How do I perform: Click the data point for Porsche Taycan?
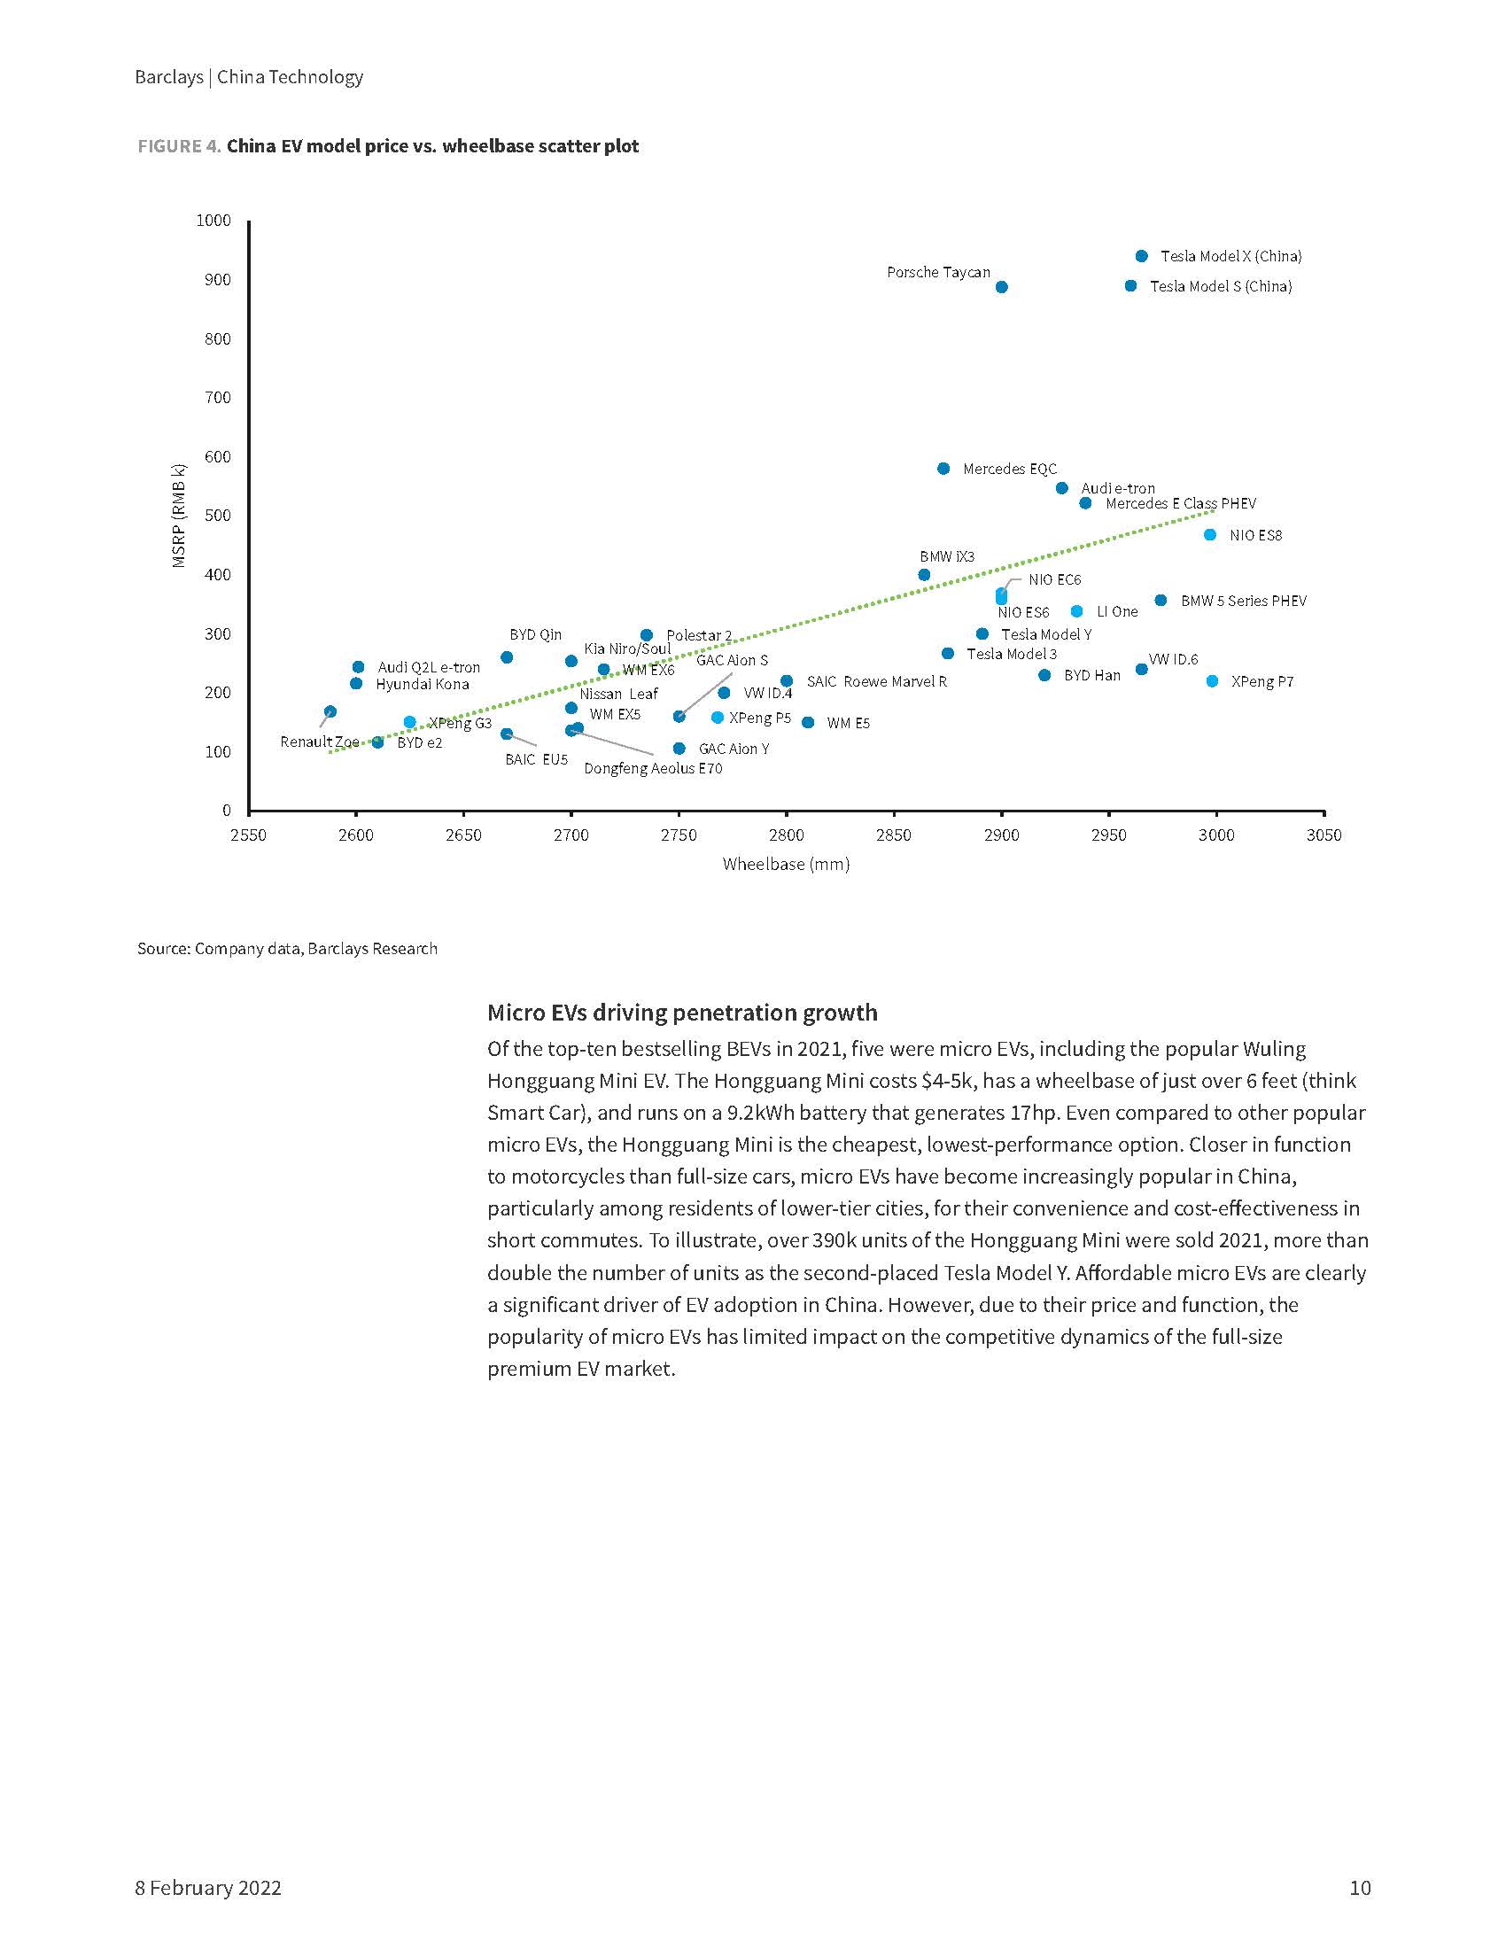tap(1001, 286)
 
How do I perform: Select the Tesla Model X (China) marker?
tap(1141, 256)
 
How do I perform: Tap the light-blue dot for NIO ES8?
tap(1210, 534)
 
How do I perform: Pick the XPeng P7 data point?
tap(1212, 681)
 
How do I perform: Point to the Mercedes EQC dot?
tap(943, 469)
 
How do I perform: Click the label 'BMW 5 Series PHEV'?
tap(1243, 601)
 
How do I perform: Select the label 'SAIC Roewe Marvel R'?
tap(876, 681)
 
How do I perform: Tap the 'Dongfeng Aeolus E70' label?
tap(652, 768)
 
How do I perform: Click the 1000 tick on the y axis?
tap(213, 221)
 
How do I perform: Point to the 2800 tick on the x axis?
tap(786, 835)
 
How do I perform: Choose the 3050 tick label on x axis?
tap(1324, 835)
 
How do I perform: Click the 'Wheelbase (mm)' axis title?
tap(785, 864)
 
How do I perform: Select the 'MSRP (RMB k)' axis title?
tap(179, 515)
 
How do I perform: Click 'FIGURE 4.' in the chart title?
tap(178, 146)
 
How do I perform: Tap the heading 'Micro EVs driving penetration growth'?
tap(681, 1012)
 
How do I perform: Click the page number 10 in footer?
tap(1359, 1887)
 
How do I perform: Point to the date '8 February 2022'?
tap(208, 1887)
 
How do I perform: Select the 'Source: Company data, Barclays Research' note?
tap(287, 948)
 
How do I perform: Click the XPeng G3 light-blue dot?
tap(409, 722)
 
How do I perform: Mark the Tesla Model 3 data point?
tap(948, 653)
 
